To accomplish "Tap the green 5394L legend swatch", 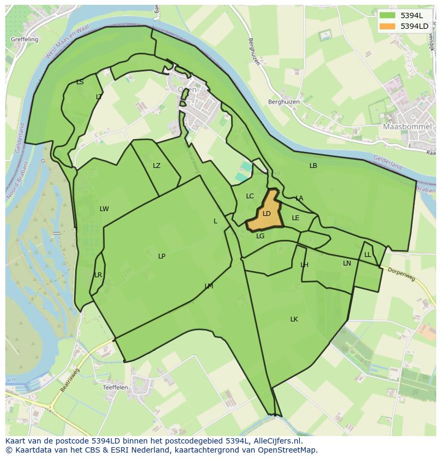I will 387,15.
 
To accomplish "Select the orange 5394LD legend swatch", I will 387,26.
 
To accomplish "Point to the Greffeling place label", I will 24,39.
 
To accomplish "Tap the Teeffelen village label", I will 115,388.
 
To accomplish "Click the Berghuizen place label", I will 284,102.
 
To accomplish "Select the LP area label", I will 161,256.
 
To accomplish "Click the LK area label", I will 294,319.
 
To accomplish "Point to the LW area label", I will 104,209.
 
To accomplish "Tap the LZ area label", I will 157,166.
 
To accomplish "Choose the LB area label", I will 313,166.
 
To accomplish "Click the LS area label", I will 80,82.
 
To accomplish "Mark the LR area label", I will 98,275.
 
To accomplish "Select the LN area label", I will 347,263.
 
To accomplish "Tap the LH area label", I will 304,265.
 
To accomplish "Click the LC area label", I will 250,196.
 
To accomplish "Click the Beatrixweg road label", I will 69,380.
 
